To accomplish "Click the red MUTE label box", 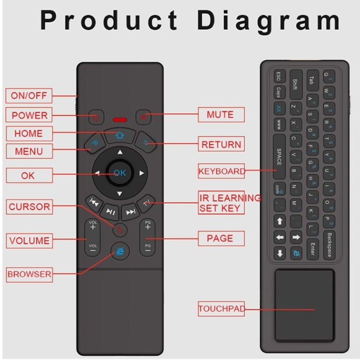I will (x=220, y=115).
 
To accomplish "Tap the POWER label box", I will (x=30, y=115).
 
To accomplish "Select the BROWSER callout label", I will (x=29, y=275).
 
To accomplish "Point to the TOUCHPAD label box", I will (x=221, y=309).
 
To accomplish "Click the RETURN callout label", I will (x=221, y=144).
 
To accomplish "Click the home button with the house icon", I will (x=120, y=135).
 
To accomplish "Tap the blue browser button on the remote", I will (x=119, y=251).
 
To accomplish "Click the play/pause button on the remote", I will (x=111, y=211).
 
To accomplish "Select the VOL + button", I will (x=93, y=226).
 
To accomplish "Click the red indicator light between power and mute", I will (x=120, y=119).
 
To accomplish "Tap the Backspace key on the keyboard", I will (x=329, y=245).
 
